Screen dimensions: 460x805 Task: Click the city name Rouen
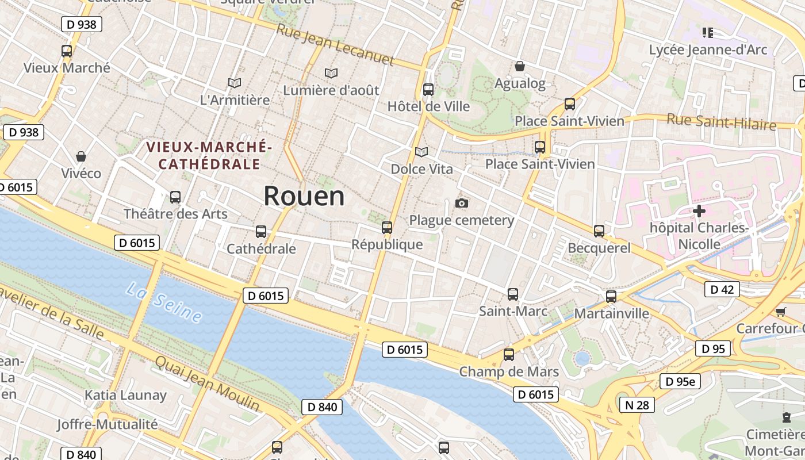click(304, 196)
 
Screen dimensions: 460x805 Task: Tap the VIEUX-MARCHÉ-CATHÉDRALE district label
click(209, 155)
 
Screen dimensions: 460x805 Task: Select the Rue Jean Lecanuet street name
click(335, 44)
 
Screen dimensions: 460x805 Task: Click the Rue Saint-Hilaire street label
click(721, 122)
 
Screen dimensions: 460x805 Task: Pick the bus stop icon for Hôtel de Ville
click(428, 90)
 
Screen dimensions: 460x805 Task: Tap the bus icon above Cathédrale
click(261, 232)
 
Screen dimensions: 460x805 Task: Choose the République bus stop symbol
click(387, 228)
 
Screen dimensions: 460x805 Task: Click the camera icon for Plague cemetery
click(461, 203)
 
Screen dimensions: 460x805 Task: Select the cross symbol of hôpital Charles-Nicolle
click(699, 211)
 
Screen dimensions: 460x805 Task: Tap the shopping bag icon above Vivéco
click(81, 156)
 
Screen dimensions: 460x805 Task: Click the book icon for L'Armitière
click(234, 83)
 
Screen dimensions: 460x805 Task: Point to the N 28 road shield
click(637, 405)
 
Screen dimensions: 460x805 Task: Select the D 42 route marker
click(722, 289)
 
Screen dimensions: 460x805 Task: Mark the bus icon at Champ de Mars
click(509, 354)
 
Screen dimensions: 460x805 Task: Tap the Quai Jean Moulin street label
click(207, 383)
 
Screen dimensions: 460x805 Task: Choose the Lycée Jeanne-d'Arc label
click(708, 49)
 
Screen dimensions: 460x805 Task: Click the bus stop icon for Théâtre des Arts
click(175, 197)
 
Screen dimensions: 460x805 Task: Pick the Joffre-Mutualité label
click(107, 424)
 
